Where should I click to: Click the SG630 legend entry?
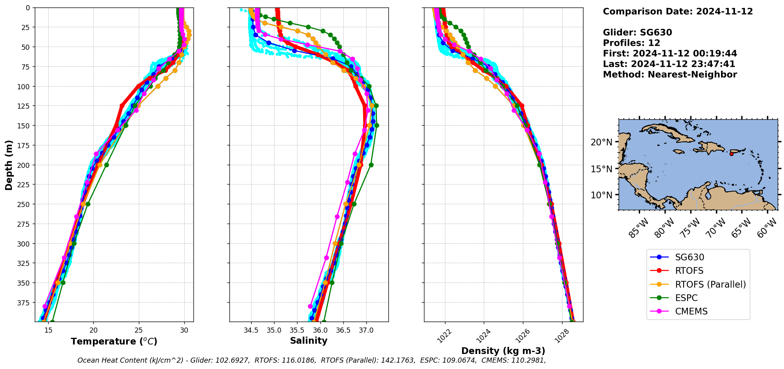[689, 258]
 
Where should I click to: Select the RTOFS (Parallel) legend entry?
[710, 284]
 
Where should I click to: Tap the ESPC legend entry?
[686, 298]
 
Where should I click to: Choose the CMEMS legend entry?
[691, 311]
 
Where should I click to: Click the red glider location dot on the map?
[731, 154]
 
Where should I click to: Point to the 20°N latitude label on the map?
[601, 142]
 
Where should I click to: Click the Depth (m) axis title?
[9, 165]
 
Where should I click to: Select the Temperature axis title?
[114, 341]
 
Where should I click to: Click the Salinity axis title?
[309, 341]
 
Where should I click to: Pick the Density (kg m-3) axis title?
[503, 351]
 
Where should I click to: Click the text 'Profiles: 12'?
[631, 43]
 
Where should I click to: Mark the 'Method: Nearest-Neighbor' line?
[670, 75]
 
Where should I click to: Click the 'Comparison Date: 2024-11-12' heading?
[678, 11]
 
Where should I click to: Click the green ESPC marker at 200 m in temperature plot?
[106, 165]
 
